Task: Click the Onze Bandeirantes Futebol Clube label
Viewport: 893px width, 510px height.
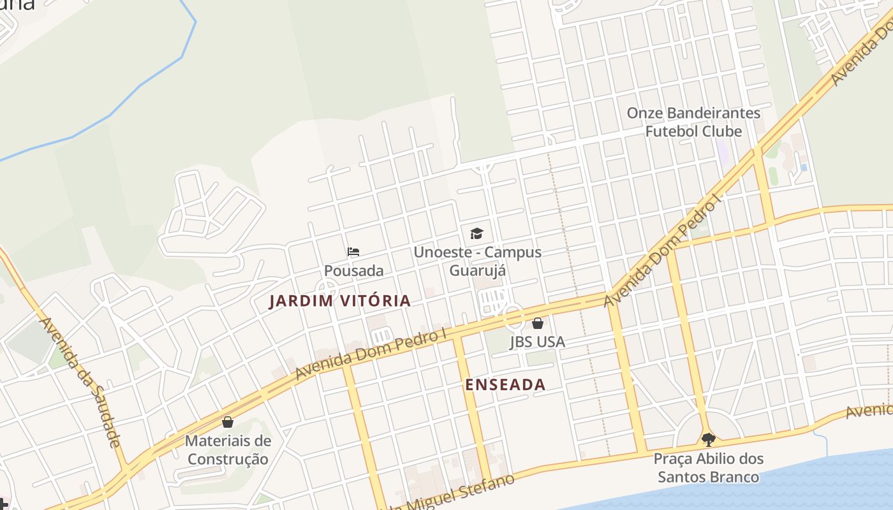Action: (693, 122)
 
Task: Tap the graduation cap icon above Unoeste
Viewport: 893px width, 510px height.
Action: (476, 233)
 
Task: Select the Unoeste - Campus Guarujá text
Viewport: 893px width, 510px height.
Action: (477, 261)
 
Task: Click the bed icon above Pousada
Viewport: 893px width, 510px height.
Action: (353, 252)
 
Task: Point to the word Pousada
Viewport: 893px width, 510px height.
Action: (353, 270)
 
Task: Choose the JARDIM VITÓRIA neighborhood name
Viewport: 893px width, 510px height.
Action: (339, 301)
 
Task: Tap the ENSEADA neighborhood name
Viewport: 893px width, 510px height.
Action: (505, 384)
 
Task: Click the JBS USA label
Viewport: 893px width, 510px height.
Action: (537, 342)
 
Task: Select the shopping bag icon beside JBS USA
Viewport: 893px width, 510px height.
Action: (538, 323)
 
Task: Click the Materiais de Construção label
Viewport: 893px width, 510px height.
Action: (228, 449)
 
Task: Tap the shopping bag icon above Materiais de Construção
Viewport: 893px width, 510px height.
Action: (228, 422)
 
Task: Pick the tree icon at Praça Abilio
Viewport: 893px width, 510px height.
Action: (708, 439)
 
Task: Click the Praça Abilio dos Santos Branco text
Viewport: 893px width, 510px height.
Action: (708, 467)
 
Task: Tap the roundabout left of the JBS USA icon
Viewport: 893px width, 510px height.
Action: (513, 317)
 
